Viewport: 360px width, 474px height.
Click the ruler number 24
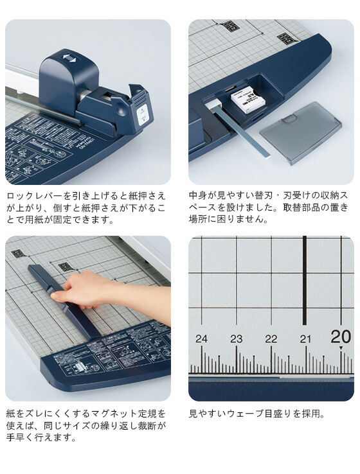202,338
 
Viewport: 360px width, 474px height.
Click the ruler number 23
237,338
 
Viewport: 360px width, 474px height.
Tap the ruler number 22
271,338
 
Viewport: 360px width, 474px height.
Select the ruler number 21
305,338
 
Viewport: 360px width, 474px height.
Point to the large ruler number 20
341,337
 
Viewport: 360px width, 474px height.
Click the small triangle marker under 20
341,347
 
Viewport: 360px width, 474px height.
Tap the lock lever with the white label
142,109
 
